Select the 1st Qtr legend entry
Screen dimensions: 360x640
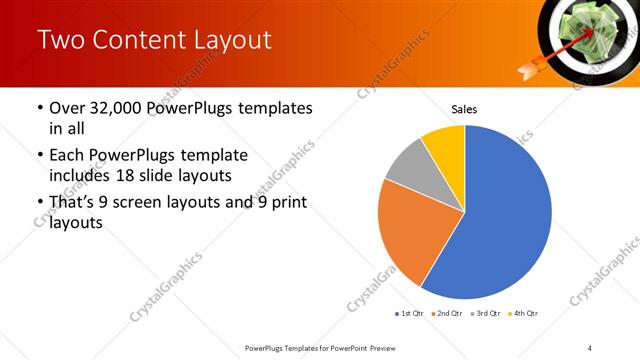tap(411, 314)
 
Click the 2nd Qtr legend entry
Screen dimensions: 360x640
tap(448, 314)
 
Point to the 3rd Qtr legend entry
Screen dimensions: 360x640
tap(486, 314)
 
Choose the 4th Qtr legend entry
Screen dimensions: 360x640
tap(523, 314)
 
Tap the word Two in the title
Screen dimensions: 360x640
tap(60, 40)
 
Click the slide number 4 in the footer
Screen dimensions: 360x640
tap(590, 347)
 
